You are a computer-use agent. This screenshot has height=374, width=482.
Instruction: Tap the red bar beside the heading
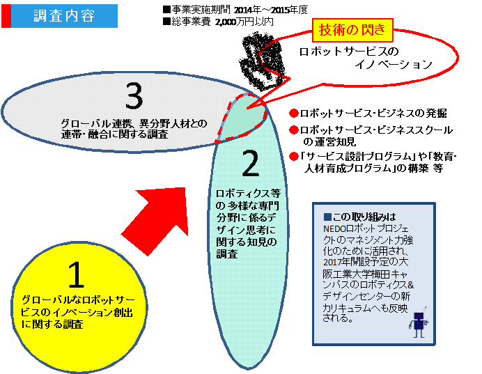tap(6, 16)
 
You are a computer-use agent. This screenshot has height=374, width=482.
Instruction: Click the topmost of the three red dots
tap(294, 113)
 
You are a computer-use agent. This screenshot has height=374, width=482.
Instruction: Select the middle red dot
tap(294, 130)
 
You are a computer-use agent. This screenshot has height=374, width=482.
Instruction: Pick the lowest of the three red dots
tap(294, 156)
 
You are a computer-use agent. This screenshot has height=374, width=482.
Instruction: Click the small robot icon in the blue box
tap(419, 324)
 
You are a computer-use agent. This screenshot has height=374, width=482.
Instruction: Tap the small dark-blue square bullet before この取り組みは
tap(327, 217)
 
